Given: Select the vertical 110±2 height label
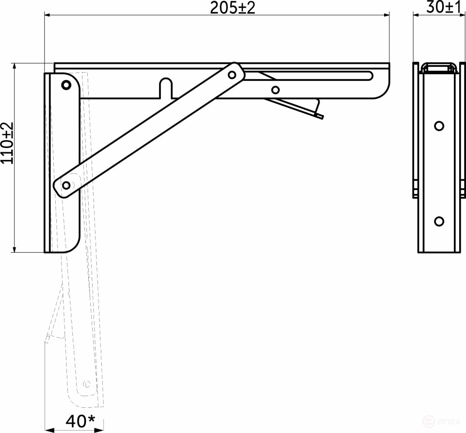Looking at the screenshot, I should click(x=7, y=143).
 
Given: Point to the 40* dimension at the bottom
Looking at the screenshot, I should click(x=76, y=420).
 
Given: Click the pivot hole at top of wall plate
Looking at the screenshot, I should click(x=65, y=85).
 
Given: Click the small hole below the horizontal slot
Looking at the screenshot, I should click(x=275, y=89).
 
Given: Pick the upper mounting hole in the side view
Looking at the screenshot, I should click(x=439, y=126).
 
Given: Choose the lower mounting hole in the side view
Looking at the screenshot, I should click(x=439, y=221).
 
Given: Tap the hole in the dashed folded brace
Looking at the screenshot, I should click(x=86, y=384).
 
